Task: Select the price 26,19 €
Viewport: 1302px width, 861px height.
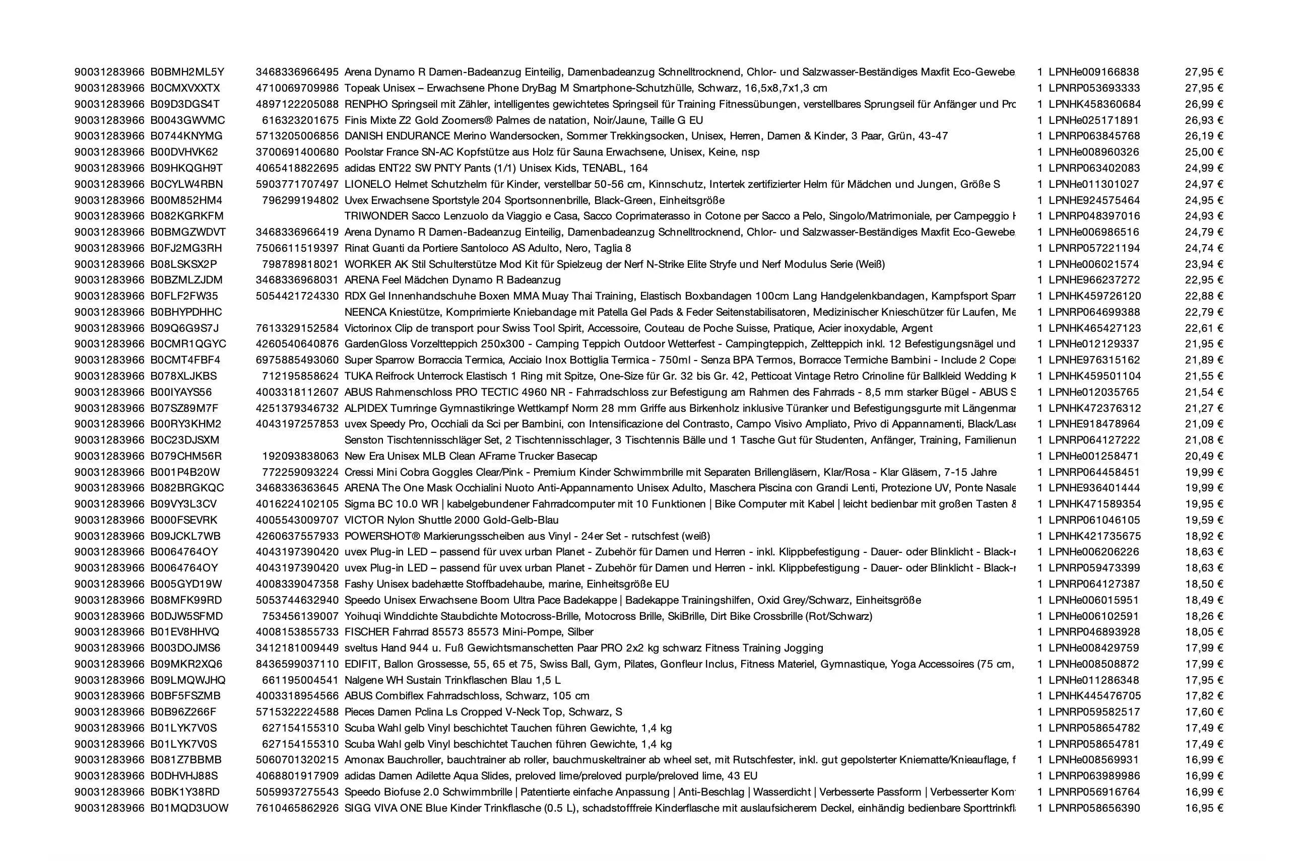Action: click(1204, 136)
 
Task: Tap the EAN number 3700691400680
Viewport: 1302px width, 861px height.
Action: click(297, 152)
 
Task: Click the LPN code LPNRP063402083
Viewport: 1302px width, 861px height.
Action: click(1094, 168)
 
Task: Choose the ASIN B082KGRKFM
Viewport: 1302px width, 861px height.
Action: click(187, 216)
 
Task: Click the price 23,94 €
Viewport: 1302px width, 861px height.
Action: click(1204, 264)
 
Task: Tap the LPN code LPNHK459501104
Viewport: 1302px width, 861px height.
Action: click(1094, 376)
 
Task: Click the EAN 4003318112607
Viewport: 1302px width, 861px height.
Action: click(297, 392)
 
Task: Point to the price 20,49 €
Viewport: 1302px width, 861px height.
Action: click(1204, 456)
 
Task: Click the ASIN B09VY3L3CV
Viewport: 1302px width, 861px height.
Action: click(183, 504)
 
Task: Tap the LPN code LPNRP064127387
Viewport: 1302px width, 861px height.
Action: click(1094, 584)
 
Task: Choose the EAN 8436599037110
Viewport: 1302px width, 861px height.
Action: click(297, 664)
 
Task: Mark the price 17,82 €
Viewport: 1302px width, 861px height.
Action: click(1204, 696)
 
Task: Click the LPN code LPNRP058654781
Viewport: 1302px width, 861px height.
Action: click(1094, 744)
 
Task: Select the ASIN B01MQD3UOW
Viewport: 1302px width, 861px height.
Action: click(189, 808)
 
